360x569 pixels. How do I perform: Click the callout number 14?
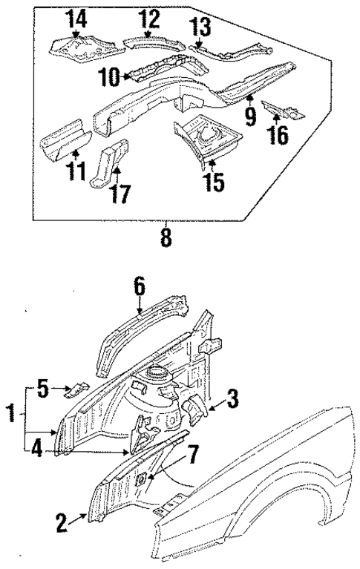pyautogui.click(x=77, y=17)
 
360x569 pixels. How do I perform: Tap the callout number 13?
pyautogui.click(x=200, y=27)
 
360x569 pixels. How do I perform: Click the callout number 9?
pyautogui.click(x=250, y=114)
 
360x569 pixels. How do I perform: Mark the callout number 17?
pyautogui.click(x=121, y=194)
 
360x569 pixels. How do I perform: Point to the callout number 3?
pyautogui.click(x=232, y=399)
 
